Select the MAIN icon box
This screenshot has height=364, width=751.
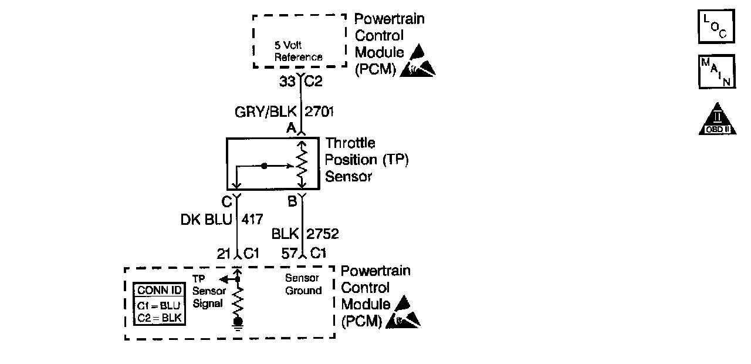tap(716, 72)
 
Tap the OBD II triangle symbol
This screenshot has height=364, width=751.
tap(717, 120)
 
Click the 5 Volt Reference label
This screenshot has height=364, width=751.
tap(299, 52)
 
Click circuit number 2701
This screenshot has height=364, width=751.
tap(320, 112)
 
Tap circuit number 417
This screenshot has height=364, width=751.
tap(251, 220)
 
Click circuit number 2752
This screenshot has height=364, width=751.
tap(322, 234)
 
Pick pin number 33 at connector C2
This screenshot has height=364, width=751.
tap(287, 82)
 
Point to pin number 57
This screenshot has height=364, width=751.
tap(289, 253)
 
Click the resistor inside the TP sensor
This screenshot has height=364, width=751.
tap(302, 166)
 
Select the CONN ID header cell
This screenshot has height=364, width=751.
tap(159, 291)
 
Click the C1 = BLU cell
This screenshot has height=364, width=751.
tap(159, 305)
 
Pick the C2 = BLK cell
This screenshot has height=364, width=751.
tap(159, 318)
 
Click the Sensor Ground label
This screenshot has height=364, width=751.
tap(303, 284)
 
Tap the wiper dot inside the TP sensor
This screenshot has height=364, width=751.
tap(264, 166)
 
